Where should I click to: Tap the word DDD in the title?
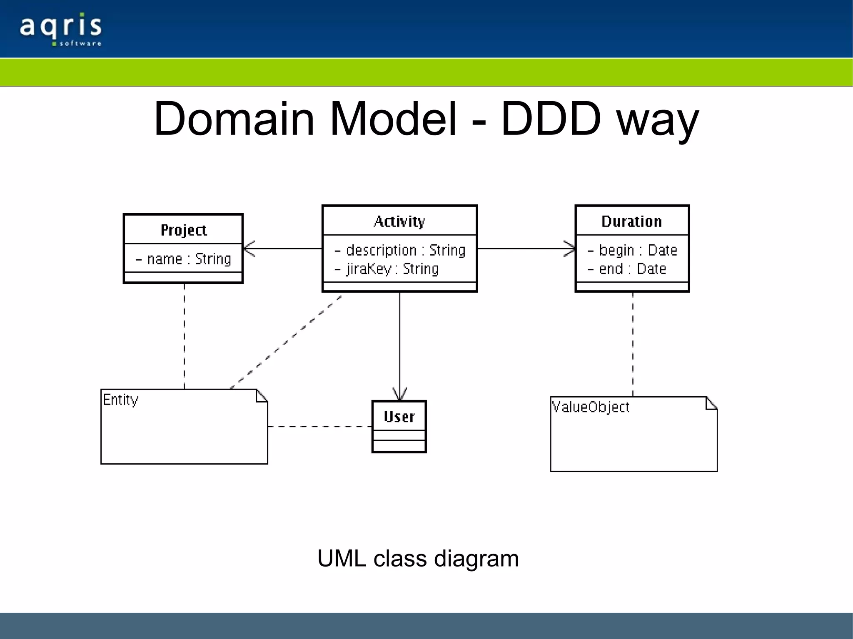551,119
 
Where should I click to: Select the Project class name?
183,230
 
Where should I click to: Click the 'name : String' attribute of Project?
184,259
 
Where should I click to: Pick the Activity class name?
399,221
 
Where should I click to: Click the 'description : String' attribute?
400,250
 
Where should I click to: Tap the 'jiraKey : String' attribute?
387,269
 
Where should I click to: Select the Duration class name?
631,221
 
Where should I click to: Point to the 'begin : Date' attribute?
632,250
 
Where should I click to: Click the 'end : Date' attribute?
627,269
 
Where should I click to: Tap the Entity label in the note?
120,400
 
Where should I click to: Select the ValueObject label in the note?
590,407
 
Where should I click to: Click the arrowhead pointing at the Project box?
248,249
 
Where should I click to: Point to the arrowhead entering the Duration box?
570,249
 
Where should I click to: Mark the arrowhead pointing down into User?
399,395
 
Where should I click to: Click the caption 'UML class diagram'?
418,558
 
